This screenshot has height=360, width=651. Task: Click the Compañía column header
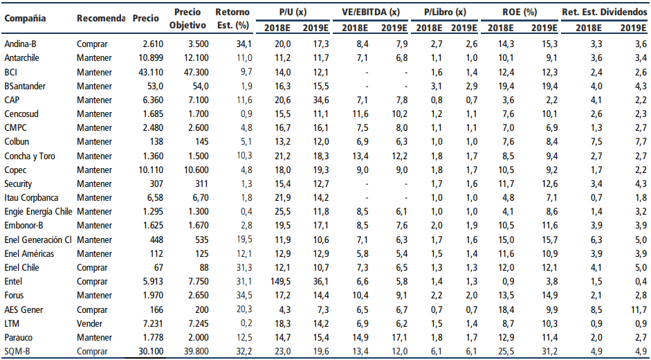click(26, 18)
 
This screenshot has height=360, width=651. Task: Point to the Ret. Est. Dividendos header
click(605, 12)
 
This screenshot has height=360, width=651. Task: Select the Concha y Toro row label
click(30, 156)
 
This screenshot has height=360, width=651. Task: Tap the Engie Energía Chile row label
click(39, 213)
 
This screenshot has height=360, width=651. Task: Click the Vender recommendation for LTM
click(90, 324)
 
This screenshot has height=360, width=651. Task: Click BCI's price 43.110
click(151, 72)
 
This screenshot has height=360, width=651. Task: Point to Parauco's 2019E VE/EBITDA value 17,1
click(399, 338)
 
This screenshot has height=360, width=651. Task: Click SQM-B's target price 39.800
click(196, 352)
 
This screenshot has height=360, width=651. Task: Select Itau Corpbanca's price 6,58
click(155, 198)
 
